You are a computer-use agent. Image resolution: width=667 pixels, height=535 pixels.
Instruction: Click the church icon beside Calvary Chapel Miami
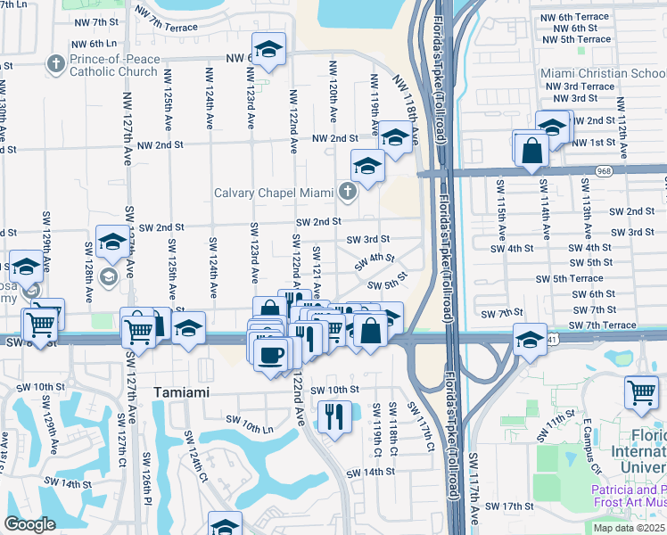347,192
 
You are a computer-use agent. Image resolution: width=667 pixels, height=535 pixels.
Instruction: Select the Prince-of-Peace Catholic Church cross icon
56,63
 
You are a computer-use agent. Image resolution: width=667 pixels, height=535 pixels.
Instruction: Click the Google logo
29,524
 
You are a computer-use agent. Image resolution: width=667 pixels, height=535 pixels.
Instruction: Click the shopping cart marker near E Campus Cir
641,392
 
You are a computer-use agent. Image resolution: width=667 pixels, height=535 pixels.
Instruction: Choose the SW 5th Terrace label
569,279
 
